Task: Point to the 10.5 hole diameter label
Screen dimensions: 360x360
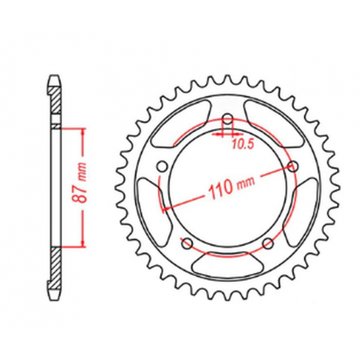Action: point(241,145)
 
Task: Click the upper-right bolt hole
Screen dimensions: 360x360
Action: point(294,167)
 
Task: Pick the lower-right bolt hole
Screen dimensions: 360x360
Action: point(269,242)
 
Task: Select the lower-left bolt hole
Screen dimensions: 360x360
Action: point(188,242)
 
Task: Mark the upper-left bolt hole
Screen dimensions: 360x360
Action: point(162,167)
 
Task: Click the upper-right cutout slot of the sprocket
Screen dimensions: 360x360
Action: point(274,121)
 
